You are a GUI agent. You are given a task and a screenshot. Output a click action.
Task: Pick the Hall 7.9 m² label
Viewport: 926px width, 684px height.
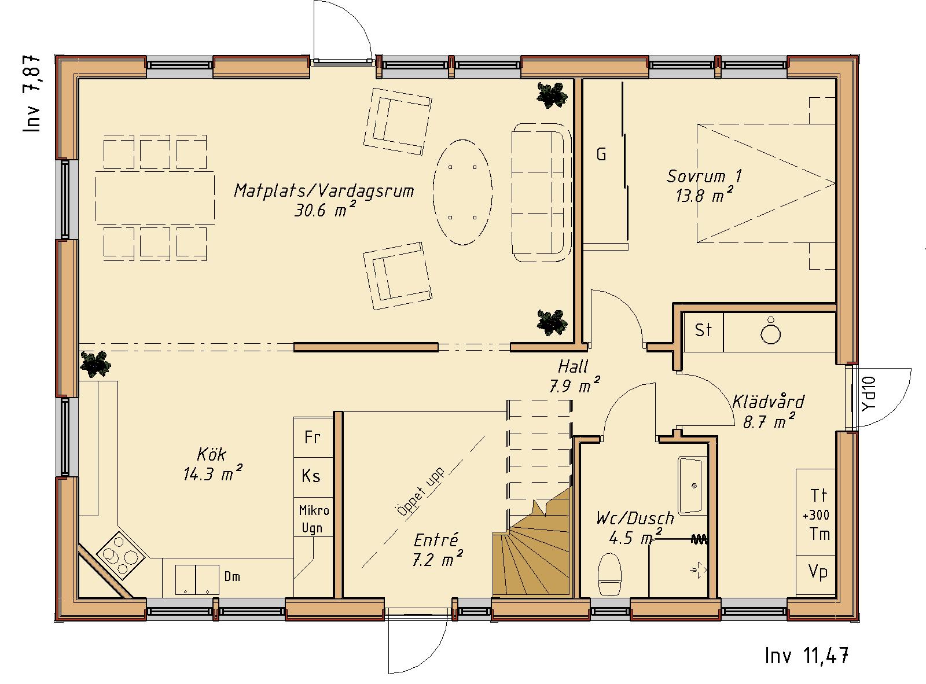click(574, 376)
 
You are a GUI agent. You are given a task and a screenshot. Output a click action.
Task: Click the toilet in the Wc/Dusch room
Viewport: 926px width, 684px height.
click(609, 573)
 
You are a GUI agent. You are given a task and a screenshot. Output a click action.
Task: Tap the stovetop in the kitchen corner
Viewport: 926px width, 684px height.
click(120, 554)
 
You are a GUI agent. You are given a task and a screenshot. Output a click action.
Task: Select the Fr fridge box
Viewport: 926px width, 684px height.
click(313, 437)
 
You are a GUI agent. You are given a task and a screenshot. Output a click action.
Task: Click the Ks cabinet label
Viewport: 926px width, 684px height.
click(311, 476)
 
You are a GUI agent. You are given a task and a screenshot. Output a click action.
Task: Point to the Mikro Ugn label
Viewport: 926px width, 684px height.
click(314, 520)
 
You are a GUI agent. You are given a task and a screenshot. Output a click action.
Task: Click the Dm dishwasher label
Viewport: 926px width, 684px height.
click(232, 577)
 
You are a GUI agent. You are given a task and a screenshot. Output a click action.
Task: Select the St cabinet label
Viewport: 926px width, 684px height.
click(703, 330)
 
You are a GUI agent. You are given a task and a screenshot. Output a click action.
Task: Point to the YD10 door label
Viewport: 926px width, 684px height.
click(869, 394)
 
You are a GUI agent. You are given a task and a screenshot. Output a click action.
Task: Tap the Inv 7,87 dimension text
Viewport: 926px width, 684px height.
click(32, 94)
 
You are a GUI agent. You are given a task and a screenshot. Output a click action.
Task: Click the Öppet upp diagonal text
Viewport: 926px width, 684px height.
click(420, 493)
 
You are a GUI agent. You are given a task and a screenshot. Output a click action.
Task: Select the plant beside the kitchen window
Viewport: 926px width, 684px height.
click(95, 364)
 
